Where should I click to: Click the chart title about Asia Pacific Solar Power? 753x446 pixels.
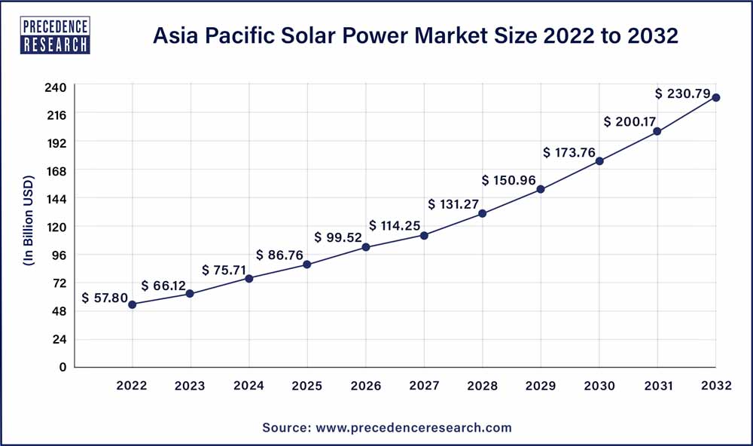(x=416, y=35)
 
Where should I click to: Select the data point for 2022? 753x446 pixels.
(x=133, y=304)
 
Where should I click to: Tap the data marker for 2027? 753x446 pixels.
(x=424, y=236)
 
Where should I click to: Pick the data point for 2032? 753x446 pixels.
(x=716, y=97)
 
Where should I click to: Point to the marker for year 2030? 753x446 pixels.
(x=599, y=161)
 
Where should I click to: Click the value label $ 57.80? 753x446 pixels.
(x=105, y=298)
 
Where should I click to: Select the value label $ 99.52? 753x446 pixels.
(x=338, y=237)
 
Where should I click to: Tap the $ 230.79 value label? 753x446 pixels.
(x=682, y=93)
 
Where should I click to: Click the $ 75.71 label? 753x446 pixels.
(x=224, y=270)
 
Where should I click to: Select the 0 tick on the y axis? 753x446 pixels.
(x=64, y=367)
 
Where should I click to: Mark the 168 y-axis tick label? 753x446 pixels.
(x=58, y=171)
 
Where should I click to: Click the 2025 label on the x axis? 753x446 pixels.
(x=306, y=386)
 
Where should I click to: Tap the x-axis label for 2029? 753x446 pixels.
(x=541, y=386)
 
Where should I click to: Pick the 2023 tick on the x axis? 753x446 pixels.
(x=190, y=386)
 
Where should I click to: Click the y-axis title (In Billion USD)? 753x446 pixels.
(x=29, y=227)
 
